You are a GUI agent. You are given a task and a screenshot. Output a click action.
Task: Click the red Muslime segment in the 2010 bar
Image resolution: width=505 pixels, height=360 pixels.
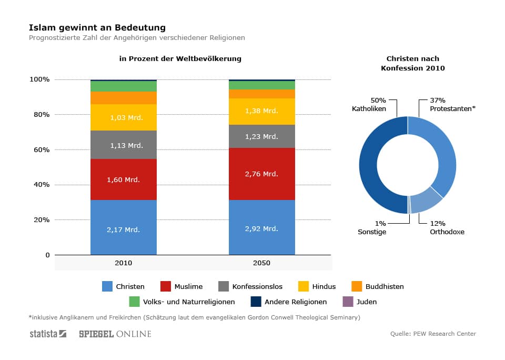(123, 179)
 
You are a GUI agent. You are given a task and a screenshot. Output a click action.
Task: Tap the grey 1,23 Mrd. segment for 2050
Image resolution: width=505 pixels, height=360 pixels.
(261, 136)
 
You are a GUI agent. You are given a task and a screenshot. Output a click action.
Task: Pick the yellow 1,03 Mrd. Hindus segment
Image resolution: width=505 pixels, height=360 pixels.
(123, 117)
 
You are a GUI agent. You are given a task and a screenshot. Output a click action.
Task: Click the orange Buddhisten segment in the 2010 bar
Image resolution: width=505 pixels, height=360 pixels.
(123, 98)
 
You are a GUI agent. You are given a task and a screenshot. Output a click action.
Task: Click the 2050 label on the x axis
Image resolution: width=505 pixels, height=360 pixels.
(261, 263)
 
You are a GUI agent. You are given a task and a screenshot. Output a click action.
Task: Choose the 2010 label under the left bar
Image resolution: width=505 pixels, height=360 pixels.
(123, 263)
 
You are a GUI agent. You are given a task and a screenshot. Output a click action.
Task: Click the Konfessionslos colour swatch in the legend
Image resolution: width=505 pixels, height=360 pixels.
(223, 287)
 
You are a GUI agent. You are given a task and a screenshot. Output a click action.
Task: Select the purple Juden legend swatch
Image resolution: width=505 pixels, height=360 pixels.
(348, 302)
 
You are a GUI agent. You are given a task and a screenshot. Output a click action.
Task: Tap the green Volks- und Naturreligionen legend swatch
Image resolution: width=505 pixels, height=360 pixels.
(134, 302)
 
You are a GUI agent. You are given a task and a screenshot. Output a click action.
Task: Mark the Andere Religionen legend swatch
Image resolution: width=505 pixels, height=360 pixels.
(256, 302)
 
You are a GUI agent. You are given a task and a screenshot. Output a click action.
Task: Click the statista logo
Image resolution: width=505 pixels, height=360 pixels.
(48, 334)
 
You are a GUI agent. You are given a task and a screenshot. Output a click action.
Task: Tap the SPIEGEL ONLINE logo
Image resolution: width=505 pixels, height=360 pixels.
(115, 334)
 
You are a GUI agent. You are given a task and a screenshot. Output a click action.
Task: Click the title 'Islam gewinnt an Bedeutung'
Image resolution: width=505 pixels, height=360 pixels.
(97, 27)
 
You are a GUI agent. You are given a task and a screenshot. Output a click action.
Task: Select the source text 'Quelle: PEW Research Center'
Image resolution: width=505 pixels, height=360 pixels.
(433, 334)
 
